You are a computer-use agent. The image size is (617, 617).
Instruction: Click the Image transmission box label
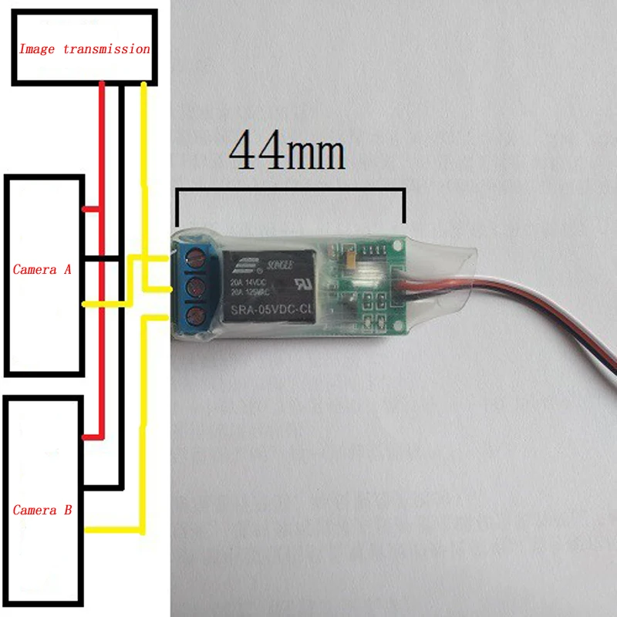(84, 49)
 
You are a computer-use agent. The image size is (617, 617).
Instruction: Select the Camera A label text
(42, 270)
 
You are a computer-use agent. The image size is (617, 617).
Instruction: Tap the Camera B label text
(42, 511)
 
